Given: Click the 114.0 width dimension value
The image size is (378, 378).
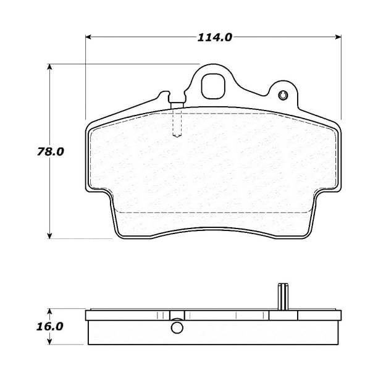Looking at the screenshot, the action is tap(214, 38).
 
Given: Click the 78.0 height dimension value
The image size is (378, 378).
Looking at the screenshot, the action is tap(51, 152).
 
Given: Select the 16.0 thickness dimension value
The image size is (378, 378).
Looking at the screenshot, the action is tap(49, 327).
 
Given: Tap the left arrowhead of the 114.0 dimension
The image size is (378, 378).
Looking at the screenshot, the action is tap(88, 37).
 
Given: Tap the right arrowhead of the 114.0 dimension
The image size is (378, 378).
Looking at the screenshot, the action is tap(338, 37).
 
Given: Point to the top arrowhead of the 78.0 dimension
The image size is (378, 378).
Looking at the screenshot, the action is tap(49, 67).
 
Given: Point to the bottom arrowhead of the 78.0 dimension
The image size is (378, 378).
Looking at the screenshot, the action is tap(49, 236).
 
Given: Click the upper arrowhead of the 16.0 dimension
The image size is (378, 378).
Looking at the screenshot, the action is tap(49, 311).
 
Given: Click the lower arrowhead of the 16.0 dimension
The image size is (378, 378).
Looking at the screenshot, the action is tap(49, 342).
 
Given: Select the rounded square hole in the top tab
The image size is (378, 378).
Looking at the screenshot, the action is tap(213, 86).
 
